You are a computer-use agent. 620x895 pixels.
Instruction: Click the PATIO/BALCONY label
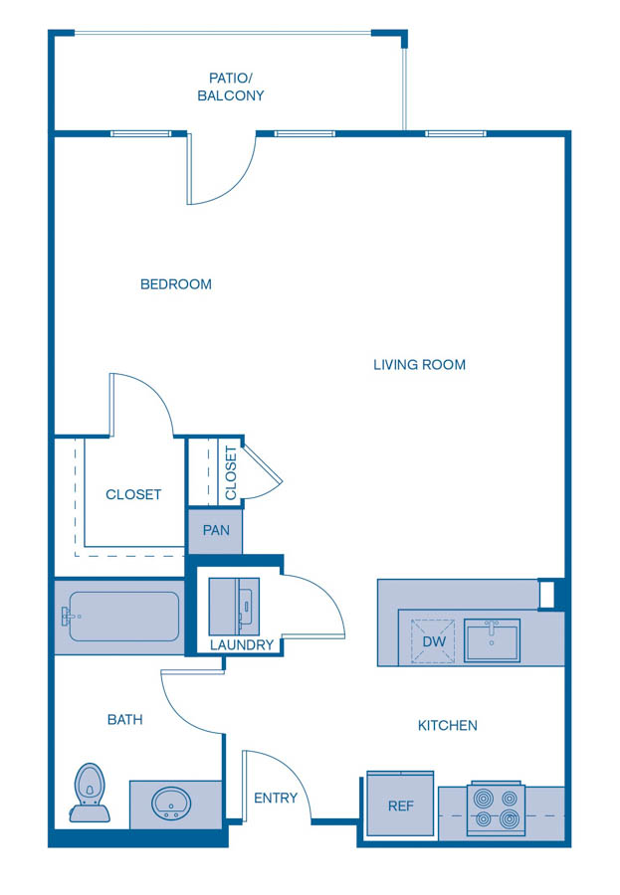point(230,87)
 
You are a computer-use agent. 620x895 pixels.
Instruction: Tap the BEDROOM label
point(176,284)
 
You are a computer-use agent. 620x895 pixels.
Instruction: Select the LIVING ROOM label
point(419,365)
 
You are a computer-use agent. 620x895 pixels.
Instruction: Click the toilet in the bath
point(90,793)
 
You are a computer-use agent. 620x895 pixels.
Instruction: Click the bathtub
point(122,617)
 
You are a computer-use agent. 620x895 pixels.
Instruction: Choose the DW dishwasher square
point(434,640)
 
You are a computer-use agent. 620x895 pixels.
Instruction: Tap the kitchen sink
point(492,640)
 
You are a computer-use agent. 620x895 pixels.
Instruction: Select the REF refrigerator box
point(400,804)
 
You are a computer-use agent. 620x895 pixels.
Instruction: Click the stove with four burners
point(496,807)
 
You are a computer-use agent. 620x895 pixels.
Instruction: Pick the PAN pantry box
point(216,531)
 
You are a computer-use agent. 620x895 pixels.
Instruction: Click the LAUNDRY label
point(242,645)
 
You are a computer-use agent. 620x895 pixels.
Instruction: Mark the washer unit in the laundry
point(233,605)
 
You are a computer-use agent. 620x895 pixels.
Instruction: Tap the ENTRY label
point(276,798)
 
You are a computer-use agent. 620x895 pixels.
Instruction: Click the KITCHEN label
point(447,726)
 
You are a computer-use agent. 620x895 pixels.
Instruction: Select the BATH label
point(125,719)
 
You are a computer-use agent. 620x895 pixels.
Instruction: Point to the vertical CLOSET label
point(231,472)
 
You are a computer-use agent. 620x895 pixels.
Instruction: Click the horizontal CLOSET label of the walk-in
point(133,494)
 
